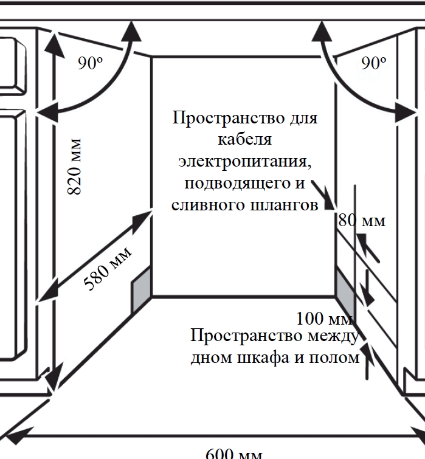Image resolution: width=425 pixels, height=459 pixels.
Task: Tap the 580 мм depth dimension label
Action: point(108,269)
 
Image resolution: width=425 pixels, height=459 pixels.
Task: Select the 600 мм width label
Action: point(234,453)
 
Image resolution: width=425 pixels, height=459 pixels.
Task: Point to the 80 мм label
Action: point(362,220)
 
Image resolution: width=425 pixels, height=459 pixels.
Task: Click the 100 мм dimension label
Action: point(325,318)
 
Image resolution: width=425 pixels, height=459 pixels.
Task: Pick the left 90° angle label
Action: point(91,63)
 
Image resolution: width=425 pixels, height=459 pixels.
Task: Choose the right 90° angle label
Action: point(373,63)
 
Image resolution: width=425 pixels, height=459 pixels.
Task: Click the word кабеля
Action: point(244,139)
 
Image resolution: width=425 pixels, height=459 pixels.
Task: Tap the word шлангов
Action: point(284,205)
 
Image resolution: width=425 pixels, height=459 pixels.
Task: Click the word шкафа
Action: point(263,357)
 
